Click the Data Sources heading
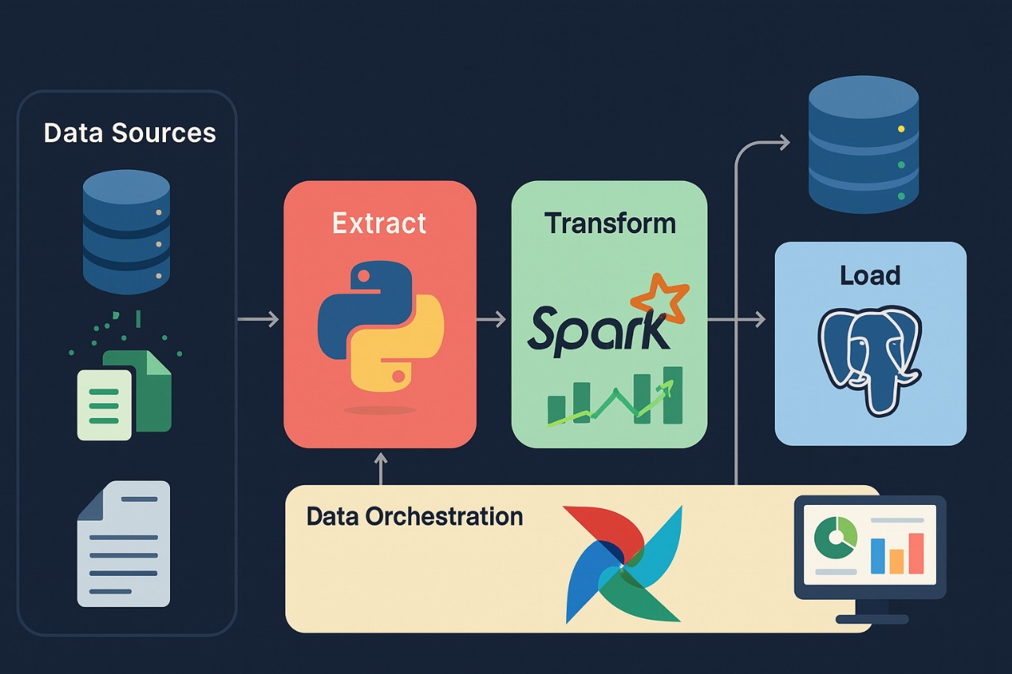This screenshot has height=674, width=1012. point(130,133)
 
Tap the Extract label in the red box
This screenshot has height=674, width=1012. point(379,224)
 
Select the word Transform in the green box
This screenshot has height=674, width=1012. point(610,224)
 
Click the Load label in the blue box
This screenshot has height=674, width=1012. point(870,276)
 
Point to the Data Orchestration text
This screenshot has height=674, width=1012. point(414,517)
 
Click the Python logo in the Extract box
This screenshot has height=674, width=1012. point(380,329)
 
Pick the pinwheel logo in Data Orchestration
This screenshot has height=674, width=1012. point(623,564)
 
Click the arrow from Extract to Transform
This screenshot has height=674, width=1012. point(492,319)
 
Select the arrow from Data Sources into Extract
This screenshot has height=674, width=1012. point(259,319)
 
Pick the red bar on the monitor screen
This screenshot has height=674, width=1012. point(916,553)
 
